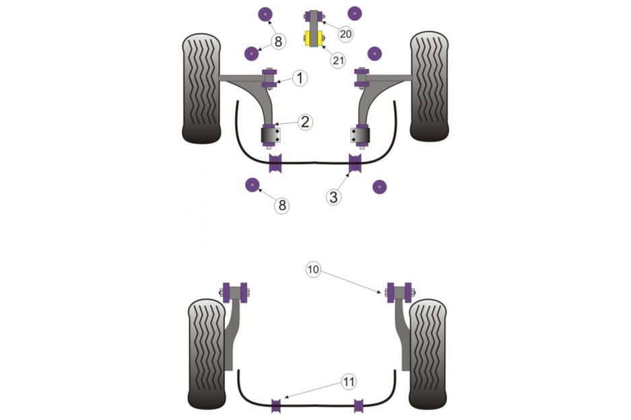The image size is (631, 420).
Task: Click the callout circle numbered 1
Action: (300, 78)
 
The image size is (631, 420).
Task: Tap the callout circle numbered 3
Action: (334, 197)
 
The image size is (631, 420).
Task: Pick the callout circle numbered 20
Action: (345, 34)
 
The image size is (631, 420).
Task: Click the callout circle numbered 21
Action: (337, 60)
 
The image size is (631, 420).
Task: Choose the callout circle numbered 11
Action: (347, 383)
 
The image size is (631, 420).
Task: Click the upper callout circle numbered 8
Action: (279, 42)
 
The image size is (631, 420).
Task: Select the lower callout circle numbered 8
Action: (281, 205)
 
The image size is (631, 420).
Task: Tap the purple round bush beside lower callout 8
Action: (253, 186)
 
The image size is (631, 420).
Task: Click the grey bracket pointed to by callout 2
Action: (271, 137)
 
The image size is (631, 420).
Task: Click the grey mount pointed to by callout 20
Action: (314, 17)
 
